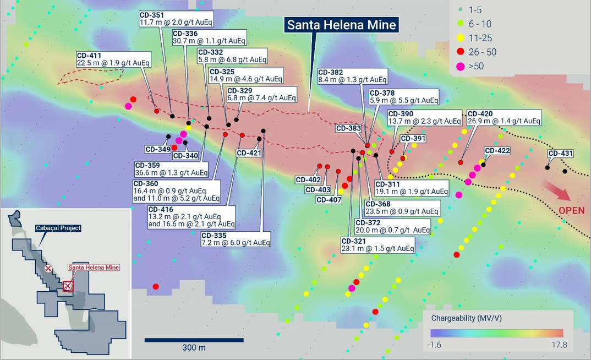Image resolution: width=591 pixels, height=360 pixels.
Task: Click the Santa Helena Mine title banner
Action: coord(341,25)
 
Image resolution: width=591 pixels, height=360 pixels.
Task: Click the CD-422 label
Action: coord(497,150)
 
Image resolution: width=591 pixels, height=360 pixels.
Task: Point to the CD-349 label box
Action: coord(157,149)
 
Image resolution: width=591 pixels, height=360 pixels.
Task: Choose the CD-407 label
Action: coord(329,199)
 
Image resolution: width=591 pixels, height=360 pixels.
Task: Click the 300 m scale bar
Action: coord(194,340)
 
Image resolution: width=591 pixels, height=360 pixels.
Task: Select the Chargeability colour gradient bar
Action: coord(497,333)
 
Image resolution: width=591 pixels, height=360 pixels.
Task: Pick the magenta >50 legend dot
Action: coord(460,67)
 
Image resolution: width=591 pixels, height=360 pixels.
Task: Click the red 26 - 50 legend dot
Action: coord(460,52)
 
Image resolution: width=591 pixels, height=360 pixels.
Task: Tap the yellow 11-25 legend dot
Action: coord(460,38)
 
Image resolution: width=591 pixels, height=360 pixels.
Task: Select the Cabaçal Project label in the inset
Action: coord(58,228)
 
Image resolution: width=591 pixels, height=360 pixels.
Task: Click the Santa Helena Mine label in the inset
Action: coord(93,268)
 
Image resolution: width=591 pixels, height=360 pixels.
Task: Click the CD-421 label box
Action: coord(249,153)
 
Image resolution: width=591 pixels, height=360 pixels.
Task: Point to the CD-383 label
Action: coord(348,128)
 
